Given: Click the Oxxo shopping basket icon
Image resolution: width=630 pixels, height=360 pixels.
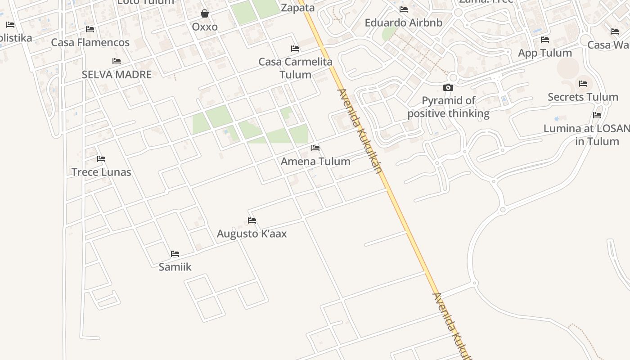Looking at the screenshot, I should tap(205, 13).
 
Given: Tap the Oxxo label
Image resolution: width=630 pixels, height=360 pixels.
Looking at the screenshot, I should tap(205, 27).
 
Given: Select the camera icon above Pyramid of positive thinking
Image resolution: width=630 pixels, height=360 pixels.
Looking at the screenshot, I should tap(448, 87).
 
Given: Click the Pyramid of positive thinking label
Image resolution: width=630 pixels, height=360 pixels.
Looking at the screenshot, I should tap(449, 107).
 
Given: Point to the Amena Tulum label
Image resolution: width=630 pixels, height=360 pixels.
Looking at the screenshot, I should tap(315, 161).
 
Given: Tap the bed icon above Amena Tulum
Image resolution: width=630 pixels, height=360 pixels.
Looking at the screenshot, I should tap(315, 148).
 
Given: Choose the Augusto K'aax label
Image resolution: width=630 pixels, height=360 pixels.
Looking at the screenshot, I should tap(252, 234).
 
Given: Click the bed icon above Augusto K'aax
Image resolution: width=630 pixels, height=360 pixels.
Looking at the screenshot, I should tap(252, 220).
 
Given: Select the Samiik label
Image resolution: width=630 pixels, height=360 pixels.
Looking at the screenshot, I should tap(175, 267).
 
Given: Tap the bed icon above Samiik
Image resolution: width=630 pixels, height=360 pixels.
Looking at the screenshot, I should tap(175, 254).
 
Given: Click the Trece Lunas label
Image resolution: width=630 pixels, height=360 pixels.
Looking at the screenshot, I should tap(101, 172).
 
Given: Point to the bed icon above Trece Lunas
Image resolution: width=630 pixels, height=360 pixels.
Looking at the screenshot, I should tap(101, 158).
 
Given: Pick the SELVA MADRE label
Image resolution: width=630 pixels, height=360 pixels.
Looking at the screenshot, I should tap(117, 74).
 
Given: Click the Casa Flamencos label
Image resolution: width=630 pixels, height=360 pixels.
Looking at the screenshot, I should tap(90, 42).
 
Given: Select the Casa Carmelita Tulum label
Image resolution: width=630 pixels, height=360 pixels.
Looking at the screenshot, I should tap(295, 68).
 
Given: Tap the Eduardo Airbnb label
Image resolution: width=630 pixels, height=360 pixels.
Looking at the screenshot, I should tap(404, 22).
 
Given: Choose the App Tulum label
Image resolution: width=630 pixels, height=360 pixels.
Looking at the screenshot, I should tap(545, 53).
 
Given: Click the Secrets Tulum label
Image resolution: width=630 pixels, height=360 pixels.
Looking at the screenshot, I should tap(583, 97).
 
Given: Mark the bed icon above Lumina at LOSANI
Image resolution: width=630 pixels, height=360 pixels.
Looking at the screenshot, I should tap(597, 115).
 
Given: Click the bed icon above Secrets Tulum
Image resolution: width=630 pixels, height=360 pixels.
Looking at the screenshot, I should tap(583, 84).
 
